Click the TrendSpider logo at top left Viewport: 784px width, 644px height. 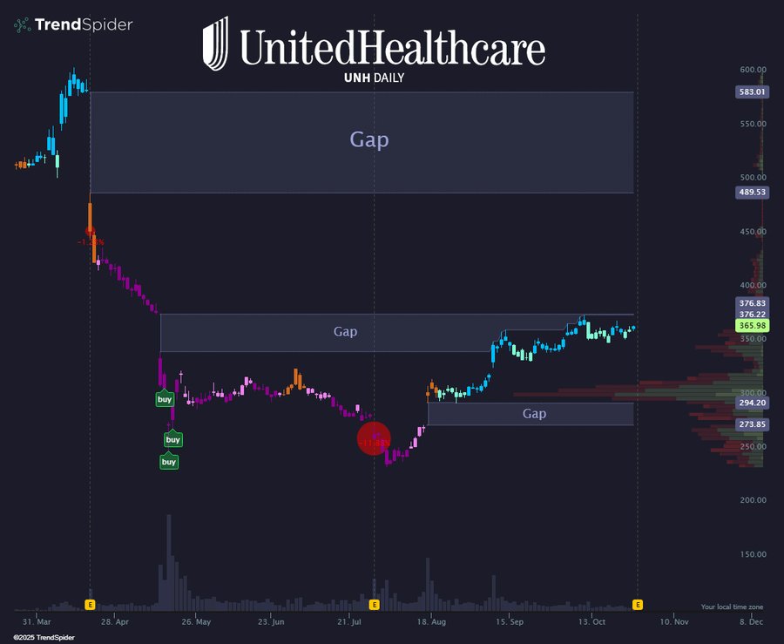[x=73, y=24]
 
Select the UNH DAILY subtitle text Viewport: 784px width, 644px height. [x=362, y=78]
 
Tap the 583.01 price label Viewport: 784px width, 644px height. [x=752, y=92]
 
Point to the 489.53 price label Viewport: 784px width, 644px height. [x=752, y=192]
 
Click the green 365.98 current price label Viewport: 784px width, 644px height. [x=752, y=325]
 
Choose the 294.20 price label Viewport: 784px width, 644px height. [x=752, y=403]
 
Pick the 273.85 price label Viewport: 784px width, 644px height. [x=752, y=424]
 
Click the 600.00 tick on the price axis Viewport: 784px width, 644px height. [x=753, y=70]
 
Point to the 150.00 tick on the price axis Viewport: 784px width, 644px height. [x=753, y=554]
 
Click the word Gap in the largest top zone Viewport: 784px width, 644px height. [x=369, y=139]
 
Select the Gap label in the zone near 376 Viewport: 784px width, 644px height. [x=346, y=332]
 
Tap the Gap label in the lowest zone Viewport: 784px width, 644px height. [x=534, y=414]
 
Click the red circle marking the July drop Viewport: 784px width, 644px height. [x=375, y=439]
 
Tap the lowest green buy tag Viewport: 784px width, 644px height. [x=169, y=462]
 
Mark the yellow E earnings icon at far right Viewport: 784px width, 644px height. [x=638, y=604]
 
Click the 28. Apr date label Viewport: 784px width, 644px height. [x=115, y=622]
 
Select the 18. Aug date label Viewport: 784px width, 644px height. [x=431, y=622]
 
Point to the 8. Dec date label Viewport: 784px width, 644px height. [x=751, y=622]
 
